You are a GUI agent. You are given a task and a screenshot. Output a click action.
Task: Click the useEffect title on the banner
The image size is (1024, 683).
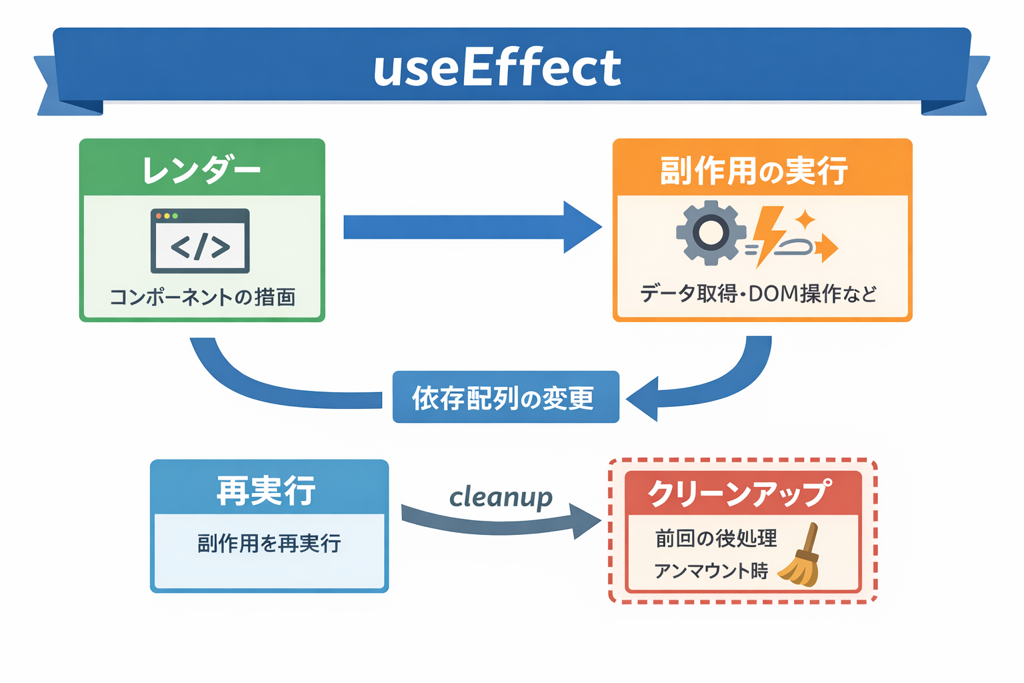point(497,68)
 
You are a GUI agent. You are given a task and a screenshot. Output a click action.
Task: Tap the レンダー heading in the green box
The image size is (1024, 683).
point(201,170)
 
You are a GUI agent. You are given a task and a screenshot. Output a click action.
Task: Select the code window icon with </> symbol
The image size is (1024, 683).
point(200,241)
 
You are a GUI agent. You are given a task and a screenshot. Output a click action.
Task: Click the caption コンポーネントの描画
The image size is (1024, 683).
point(202,297)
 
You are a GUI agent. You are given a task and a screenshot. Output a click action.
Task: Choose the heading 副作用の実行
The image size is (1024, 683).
point(754,171)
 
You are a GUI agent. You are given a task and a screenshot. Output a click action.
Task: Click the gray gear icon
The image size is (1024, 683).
point(710,233)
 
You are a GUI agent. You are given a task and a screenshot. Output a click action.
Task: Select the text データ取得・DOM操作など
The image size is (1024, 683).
point(758,293)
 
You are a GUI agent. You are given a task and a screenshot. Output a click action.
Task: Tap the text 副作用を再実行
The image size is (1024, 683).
point(269,544)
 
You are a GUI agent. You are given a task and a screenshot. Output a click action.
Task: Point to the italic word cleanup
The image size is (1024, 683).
point(501,497)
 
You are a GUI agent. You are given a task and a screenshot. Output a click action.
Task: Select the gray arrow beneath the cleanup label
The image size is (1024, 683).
point(500,523)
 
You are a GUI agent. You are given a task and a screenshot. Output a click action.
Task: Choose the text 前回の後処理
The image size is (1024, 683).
point(716,538)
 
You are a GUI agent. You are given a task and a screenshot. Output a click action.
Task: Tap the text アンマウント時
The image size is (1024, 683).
point(711,571)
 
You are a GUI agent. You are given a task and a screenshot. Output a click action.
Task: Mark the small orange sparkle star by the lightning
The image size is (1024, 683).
point(805,219)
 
